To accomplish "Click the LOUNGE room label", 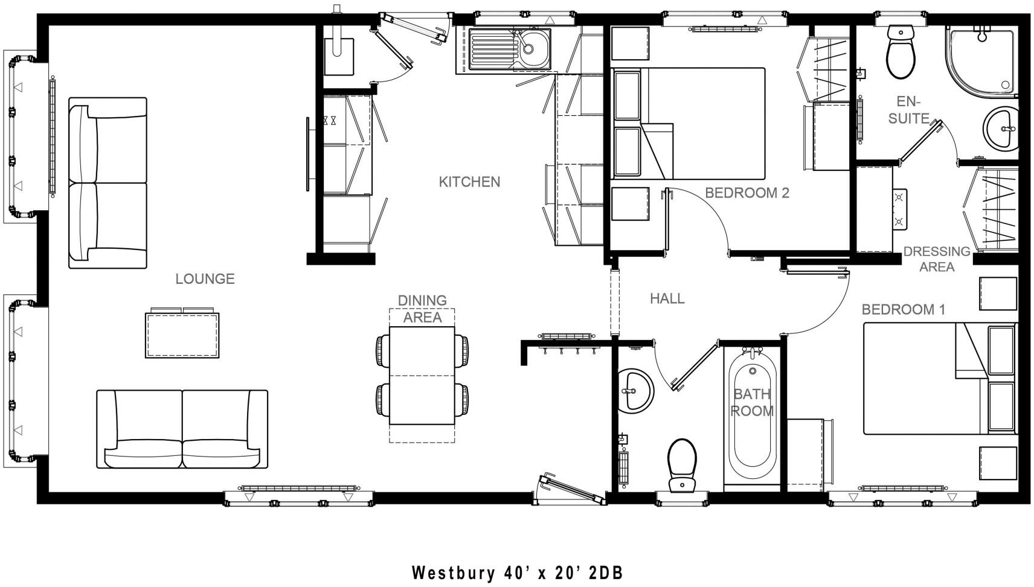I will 205,279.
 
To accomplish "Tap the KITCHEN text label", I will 469,182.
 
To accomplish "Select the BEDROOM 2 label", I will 747,193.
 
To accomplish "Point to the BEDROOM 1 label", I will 903,310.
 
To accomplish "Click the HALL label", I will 667,298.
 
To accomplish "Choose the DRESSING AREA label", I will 937,259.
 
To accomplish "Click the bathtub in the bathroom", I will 752,417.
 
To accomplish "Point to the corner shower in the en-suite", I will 981,60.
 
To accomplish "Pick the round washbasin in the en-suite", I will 1001,129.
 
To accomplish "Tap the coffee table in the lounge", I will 182,335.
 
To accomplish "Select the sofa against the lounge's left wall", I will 108,183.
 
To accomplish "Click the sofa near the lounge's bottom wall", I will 182,429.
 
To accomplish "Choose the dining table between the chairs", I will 422,376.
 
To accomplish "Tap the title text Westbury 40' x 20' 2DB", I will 517,572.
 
